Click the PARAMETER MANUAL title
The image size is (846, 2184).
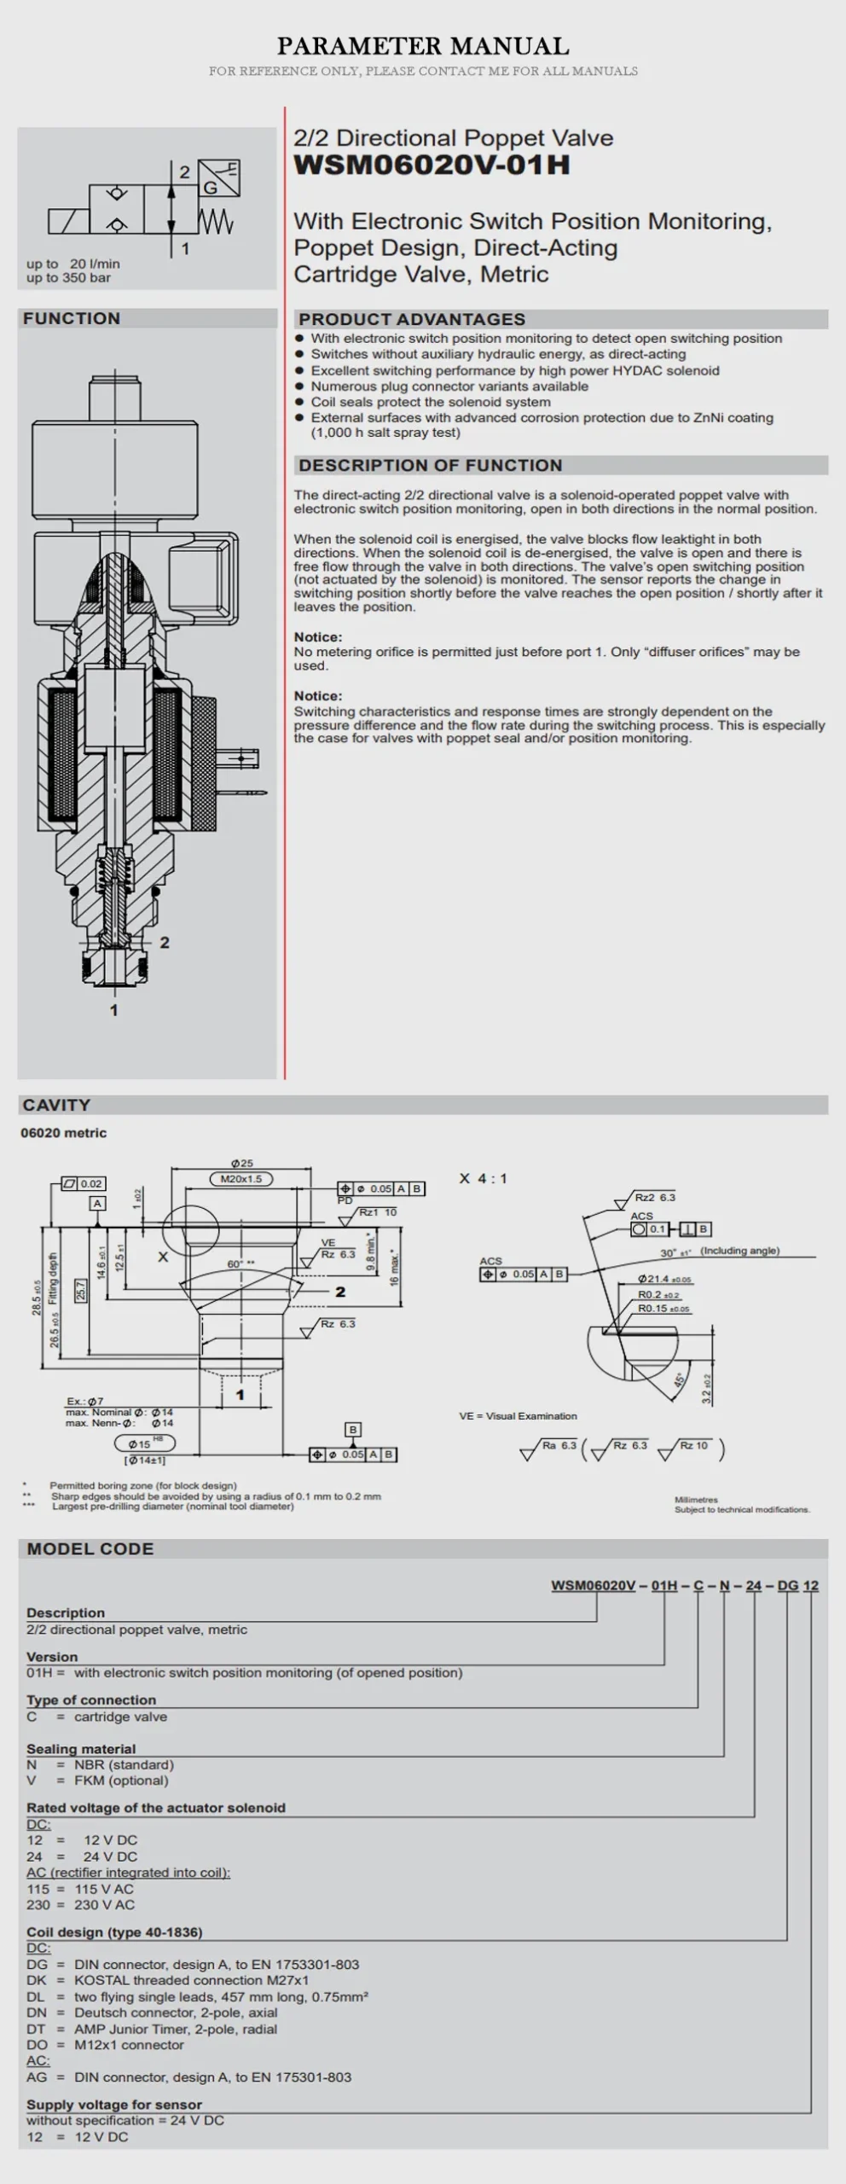point(423,46)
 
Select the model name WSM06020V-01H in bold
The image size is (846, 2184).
point(432,166)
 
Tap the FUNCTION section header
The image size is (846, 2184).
point(72,319)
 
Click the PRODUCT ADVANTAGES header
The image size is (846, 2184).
point(412,320)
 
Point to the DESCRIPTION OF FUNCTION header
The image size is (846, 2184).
point(431,466)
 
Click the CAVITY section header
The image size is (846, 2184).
point(56,1106)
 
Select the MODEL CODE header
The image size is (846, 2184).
point(90,1549)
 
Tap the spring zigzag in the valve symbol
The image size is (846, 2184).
point(216,223)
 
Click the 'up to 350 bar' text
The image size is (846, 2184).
point(68,278)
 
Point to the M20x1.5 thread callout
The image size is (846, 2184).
point(241,1179)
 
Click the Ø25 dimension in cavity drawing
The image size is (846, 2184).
point(242,1164)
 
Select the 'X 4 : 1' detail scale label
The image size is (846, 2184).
point(483,1179)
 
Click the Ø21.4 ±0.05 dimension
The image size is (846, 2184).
point(664,1280)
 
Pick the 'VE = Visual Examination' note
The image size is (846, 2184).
point(518,1416)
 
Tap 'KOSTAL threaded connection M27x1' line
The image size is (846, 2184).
point(191,1980)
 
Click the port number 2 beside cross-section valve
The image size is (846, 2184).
point(165,943)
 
